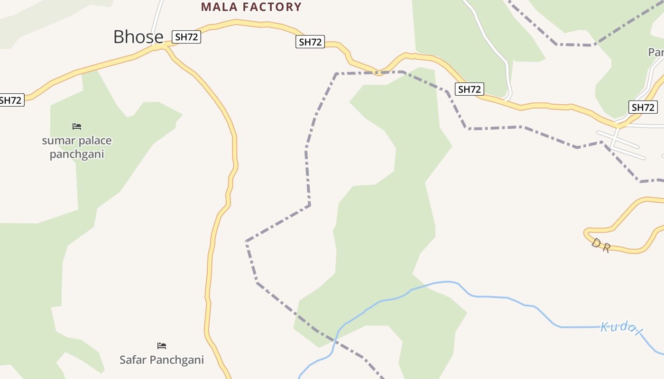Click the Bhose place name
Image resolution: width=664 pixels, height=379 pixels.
coord(138,37)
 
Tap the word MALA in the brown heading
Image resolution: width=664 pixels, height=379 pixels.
coord(220,7)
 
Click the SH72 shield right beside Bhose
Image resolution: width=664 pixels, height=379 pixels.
coord(187,37)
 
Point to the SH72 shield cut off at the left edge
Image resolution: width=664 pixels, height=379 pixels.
coord(10,100)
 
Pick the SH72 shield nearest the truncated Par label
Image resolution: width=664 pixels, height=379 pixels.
coord(643,107)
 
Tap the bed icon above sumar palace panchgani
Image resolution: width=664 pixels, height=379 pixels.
coord(77,126)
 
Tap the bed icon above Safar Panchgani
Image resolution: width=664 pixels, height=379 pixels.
coord(162,346)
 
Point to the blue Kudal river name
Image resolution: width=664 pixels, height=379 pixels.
coord(621,327)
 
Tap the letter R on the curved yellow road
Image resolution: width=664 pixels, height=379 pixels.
coord(606,248)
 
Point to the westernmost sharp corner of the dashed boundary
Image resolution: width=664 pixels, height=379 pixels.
coord(246,241)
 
